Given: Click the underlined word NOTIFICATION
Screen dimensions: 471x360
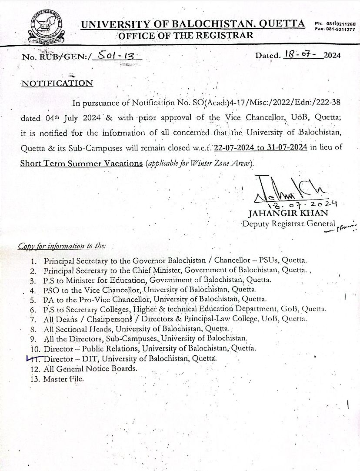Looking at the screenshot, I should (57, 83).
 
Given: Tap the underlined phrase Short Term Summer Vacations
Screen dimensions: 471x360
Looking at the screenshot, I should (81, 163).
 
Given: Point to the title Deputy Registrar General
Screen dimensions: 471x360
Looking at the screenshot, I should (289, 224).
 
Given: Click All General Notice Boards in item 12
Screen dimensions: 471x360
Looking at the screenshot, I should (90, 368).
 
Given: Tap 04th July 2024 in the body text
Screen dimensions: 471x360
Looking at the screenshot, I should (73, 118).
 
